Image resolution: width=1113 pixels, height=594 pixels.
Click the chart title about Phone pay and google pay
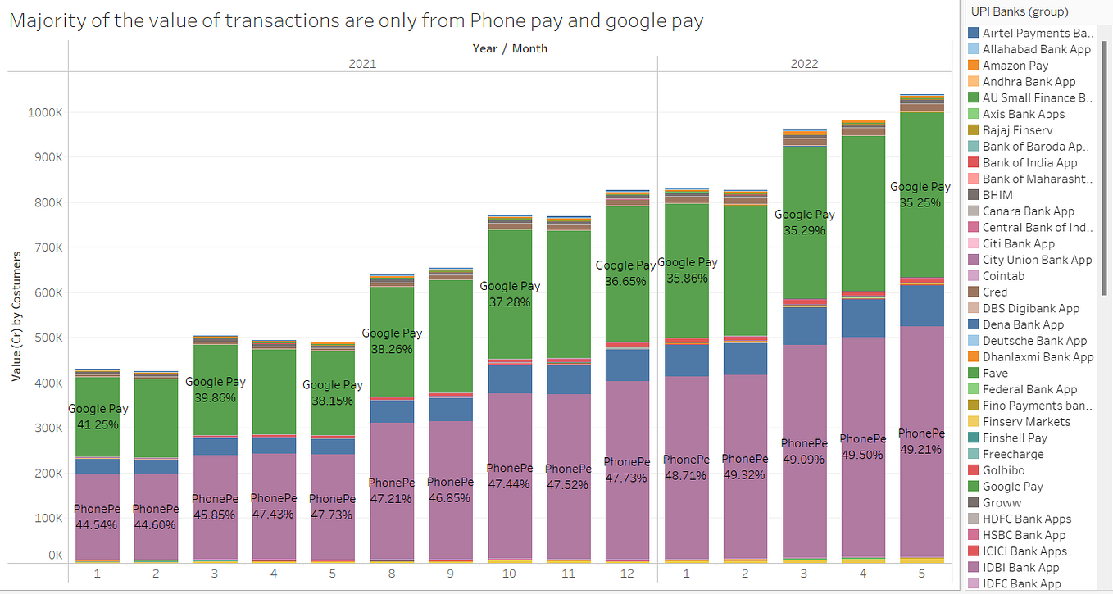coord(356,21)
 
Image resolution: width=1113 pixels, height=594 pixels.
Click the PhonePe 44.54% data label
coord(97,517)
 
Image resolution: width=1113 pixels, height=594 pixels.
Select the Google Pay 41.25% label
coord(97,417)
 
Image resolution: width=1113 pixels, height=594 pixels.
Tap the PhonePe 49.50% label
coord(862,447)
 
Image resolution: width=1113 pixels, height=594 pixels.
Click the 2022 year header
coord(804,64)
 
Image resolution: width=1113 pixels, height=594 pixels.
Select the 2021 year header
coord(362,64)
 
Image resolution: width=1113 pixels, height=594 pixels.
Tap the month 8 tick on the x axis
coord(391,574)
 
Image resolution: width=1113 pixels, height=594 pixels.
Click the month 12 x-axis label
coord(626,574)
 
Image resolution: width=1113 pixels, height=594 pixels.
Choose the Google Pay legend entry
coord(1012,487)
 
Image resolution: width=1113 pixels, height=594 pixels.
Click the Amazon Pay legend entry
coord(1015,66)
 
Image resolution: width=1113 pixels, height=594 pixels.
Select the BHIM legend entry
coord(997,195)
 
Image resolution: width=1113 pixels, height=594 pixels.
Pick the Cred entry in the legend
coord(995,292)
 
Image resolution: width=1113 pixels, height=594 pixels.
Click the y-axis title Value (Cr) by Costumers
coord(16,316)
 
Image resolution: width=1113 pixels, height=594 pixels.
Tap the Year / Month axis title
coord(510,48)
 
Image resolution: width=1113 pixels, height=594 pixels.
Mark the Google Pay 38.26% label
coord(392,342)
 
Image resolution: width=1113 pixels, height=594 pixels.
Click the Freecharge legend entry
coord(1013,454)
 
